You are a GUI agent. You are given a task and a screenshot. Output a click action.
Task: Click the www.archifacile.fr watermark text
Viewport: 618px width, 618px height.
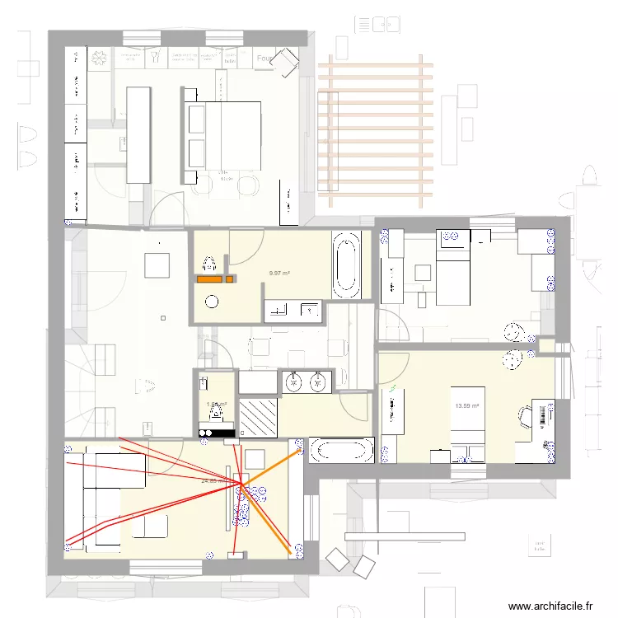(550, 606)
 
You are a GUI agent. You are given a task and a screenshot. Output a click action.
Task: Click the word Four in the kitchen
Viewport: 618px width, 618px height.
(265, 59)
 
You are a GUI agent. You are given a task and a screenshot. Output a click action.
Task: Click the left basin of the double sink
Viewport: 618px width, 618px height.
(294, 381)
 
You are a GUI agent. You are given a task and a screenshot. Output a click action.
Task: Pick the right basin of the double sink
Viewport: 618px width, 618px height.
(318, 381)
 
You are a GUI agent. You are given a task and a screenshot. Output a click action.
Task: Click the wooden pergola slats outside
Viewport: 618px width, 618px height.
(376, 130)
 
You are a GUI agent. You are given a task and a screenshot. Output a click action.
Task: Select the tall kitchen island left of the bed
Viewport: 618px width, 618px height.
(138, 135)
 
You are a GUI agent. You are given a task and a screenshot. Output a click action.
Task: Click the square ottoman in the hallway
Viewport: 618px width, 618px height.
(157, 266)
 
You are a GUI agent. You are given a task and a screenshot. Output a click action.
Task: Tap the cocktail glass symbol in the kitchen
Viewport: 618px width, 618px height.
(156, 57)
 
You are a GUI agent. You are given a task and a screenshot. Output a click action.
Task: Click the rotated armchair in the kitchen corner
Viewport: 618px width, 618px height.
(285, 60)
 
